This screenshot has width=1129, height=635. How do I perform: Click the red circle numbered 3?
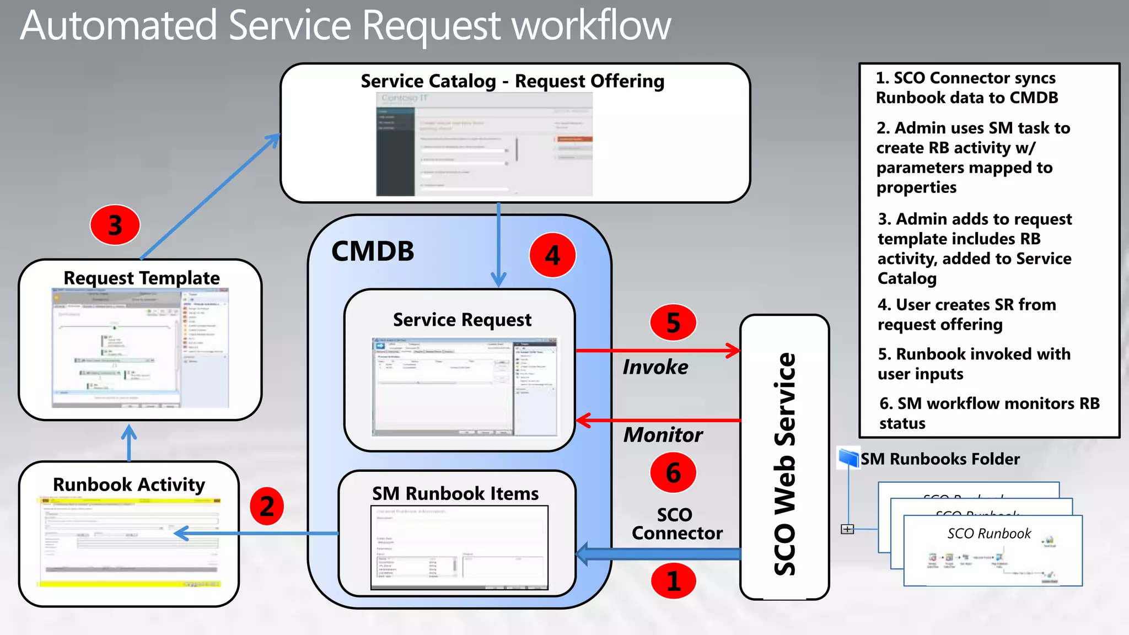[115, 225]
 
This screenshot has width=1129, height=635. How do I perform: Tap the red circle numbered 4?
[552, 255]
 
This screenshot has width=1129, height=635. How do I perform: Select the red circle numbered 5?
[673, 322]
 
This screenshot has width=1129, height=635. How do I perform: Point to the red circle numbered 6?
[673, 472]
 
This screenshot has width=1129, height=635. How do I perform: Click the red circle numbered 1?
[673, 580]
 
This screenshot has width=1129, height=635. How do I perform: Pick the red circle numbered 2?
[267, 506]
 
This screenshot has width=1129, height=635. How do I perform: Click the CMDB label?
[373, 251]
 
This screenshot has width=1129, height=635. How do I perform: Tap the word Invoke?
[655, 367]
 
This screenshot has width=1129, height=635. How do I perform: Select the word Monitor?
[663, 435]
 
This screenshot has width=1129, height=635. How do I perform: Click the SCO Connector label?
[676, 524]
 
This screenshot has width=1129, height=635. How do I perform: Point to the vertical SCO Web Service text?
[785, 464]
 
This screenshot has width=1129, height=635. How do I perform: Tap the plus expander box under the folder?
[847, 529]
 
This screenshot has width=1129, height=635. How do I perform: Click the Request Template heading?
[142, 278]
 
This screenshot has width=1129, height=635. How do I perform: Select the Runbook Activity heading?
[129, 485]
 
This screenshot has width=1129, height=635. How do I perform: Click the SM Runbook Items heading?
[455, 493]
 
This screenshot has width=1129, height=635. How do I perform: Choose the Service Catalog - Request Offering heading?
[512, 81]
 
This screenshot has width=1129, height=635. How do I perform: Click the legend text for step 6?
[988, 413]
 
